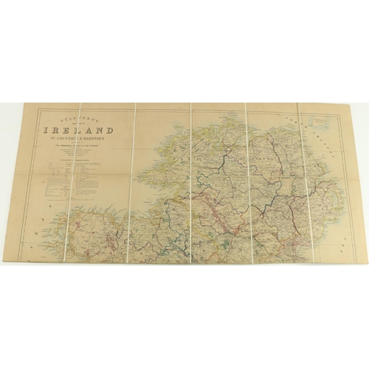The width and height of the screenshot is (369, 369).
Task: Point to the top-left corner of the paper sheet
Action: pos(25,104)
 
